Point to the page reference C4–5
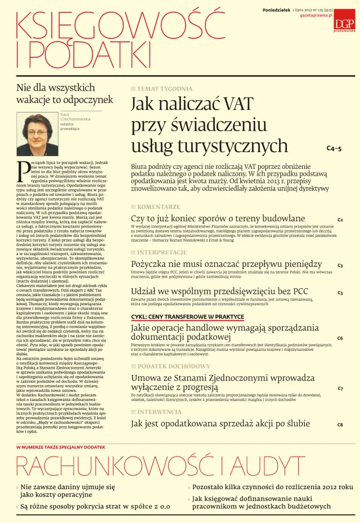(334, 149)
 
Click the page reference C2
(340, 220)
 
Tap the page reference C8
(340, 424)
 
